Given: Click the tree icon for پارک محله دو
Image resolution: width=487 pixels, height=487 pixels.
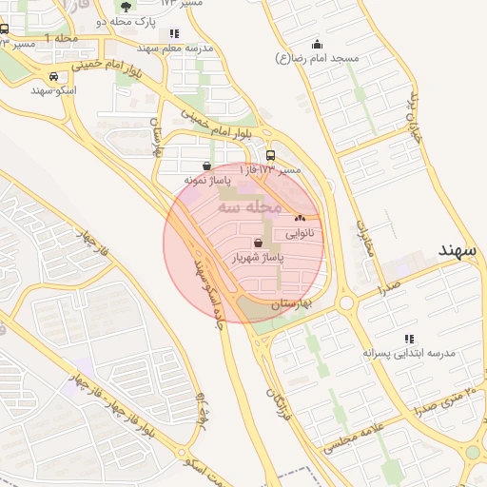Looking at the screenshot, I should [127, 6].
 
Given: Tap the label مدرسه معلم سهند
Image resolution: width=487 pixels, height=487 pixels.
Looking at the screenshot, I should [174, 48].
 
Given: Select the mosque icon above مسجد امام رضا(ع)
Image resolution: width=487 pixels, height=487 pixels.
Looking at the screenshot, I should [317, 44].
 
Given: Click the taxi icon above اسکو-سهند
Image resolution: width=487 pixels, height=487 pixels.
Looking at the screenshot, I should [52, 77].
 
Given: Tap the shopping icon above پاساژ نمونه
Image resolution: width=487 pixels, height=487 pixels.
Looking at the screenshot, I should [206, 166].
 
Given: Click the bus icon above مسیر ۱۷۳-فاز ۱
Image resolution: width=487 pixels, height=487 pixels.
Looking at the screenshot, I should [271, 156].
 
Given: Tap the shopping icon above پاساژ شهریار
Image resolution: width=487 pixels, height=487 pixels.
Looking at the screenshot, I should [258, 243].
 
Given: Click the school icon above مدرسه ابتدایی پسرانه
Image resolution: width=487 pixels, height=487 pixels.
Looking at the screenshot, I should [409, 339].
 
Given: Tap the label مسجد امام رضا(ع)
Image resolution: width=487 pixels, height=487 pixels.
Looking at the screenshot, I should [317, 59].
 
